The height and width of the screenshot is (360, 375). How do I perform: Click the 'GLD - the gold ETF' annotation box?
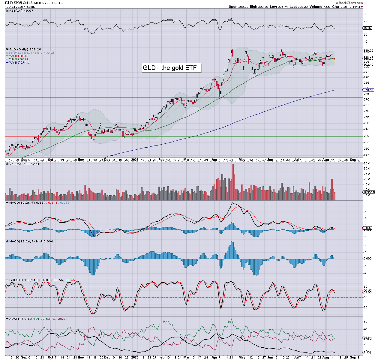tap(171, 68)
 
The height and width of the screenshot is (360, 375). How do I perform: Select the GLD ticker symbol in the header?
tap(9, 3)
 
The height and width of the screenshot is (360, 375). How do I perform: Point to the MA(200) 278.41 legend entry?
tap(19, 62)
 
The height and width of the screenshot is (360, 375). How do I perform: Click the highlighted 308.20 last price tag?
tap(368, 58)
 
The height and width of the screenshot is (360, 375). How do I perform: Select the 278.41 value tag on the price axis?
tap(368, 90)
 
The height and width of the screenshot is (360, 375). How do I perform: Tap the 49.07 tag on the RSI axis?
tap(367, 28)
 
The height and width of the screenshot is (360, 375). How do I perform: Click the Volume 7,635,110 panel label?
tap(25, 164)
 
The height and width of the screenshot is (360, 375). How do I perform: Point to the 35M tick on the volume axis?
tap(367, 163)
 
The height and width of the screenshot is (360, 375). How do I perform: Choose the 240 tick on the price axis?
tap(366, 135)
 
